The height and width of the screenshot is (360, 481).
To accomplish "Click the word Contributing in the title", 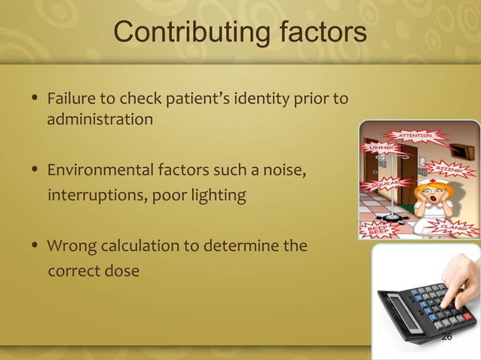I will point(182,34).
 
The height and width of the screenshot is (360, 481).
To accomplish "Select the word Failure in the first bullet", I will point(72,99).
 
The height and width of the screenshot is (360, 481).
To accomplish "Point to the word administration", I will point(100,120).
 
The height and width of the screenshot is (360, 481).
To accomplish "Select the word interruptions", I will point(96,196).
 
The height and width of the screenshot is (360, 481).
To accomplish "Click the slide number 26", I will point(446,337).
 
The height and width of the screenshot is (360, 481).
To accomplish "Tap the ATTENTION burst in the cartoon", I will point(415,136).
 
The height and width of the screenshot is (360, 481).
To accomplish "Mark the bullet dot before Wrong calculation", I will point(35,246).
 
